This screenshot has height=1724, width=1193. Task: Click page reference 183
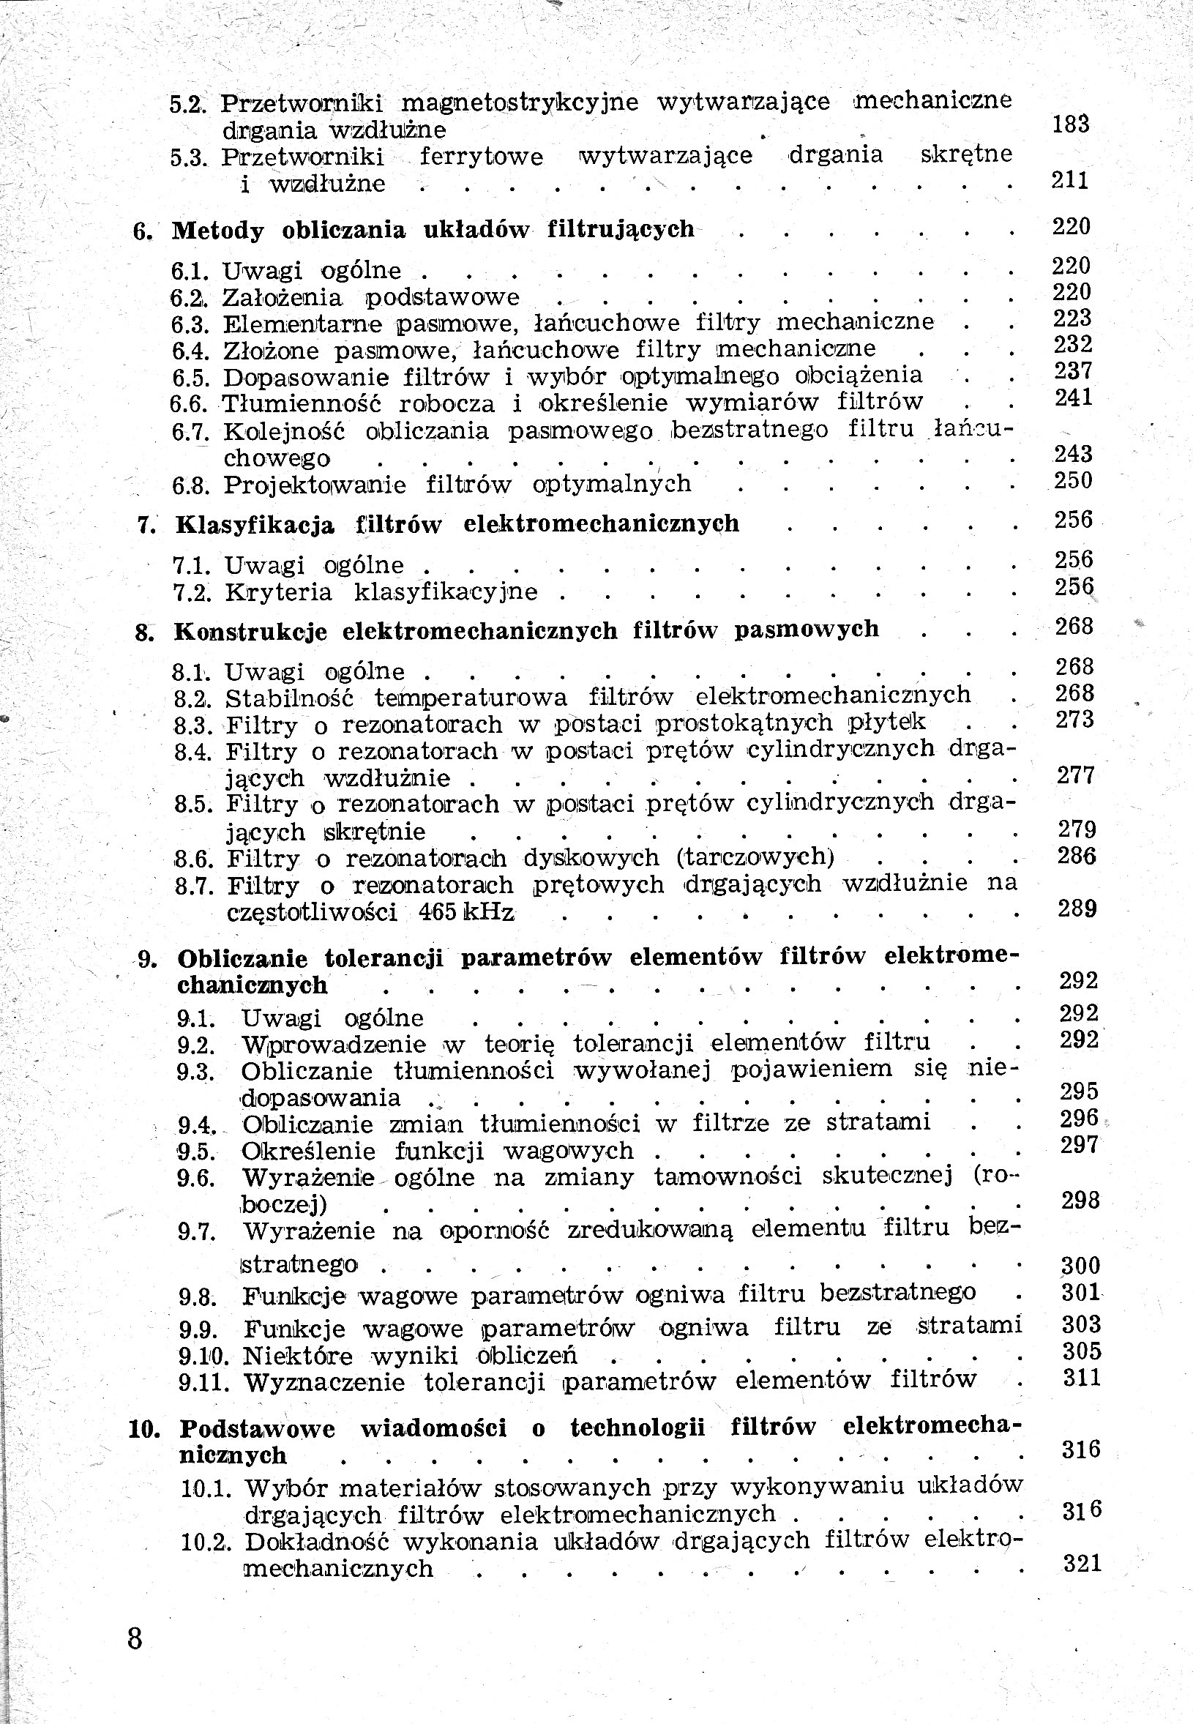click(x=1071, y=124)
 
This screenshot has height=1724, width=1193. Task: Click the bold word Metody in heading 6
click(x=217, y=231)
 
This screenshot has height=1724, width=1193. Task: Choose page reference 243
click(x=1073, y=454)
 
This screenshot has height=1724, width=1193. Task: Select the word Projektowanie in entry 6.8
click(x=315, y=485)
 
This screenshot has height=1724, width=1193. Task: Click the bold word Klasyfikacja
click(x=255, y=525)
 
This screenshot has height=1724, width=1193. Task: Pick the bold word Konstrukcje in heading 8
click(x=250, y=632)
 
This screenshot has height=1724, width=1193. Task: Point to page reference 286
click(x=1076, y=855)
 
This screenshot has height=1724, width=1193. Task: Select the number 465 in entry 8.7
click(x=437, y=913)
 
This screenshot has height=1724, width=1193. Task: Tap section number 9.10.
click(x=203, y=1356)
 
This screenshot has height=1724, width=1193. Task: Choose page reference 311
click(x=1082, y=1376)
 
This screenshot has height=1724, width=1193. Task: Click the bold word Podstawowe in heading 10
click(x=257, y=1429)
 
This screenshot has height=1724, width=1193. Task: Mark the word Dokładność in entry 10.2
click(x=314, y=1542)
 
